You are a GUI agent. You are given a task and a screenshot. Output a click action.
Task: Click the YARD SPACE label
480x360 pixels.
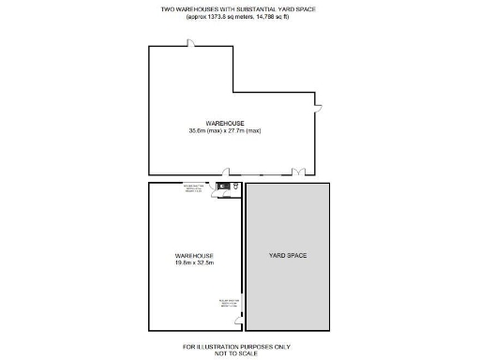click(x=288, y=255)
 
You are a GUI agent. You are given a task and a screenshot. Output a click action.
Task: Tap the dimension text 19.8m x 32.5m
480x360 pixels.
click(x=194, y=262)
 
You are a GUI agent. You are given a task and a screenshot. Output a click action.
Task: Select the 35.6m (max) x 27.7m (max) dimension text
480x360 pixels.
click(x=224, y=130)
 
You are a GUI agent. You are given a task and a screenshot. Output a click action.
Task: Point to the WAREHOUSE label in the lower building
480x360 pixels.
click(x=194, y=255)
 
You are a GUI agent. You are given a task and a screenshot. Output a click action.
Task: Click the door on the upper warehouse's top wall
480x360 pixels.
click(x=190, y=42)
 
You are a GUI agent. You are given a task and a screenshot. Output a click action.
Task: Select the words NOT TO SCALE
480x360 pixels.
click(x=240, y=352)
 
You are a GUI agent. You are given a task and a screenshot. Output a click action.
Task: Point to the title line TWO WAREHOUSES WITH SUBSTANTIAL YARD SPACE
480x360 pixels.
click(x=240, y=8)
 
